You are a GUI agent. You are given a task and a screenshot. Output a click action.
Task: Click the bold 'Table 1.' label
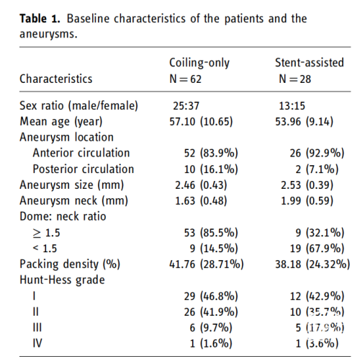(x=40, y=19)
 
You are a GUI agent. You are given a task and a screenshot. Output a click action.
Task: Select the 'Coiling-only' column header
(x=199, y=63)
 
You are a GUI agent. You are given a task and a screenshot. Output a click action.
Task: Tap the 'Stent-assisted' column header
(x=310, y=63)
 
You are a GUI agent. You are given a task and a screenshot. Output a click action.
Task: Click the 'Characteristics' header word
(x=56, y=79)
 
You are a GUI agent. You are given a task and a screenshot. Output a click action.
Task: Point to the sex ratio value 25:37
(x=186, y=106)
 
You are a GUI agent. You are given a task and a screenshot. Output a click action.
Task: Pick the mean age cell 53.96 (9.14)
(x=304, y=122)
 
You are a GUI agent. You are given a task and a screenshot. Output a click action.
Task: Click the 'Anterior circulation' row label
(x=81, y=153)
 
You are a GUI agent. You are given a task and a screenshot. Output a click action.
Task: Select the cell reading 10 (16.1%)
(x=211, y=169)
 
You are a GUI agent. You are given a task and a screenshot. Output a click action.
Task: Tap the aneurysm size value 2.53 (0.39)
(x=307, y=185)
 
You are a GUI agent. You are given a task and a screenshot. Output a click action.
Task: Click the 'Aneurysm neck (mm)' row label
(x=73, y=200)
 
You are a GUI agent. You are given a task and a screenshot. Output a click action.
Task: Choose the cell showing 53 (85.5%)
(x=211, y=233)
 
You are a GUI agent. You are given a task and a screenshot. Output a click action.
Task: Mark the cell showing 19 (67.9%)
(x=317, y=249)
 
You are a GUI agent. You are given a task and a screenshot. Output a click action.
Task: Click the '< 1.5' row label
(x=45, y=249)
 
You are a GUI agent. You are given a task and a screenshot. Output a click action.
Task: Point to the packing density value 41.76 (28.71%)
(x=207, y=265)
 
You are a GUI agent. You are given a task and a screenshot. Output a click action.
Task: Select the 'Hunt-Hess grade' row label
(x=62, y=280)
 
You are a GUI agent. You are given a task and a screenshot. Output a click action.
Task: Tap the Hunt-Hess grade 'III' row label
(x=37, y=327)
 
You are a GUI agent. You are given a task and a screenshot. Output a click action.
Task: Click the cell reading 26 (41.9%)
(x=211, y=312)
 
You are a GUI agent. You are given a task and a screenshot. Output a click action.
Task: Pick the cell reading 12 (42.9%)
(x=317, y=296)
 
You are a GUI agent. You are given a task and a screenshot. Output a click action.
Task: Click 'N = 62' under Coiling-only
(x=185, y=79)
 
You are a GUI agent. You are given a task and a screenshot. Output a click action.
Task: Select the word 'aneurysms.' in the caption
(x=48, y=34)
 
